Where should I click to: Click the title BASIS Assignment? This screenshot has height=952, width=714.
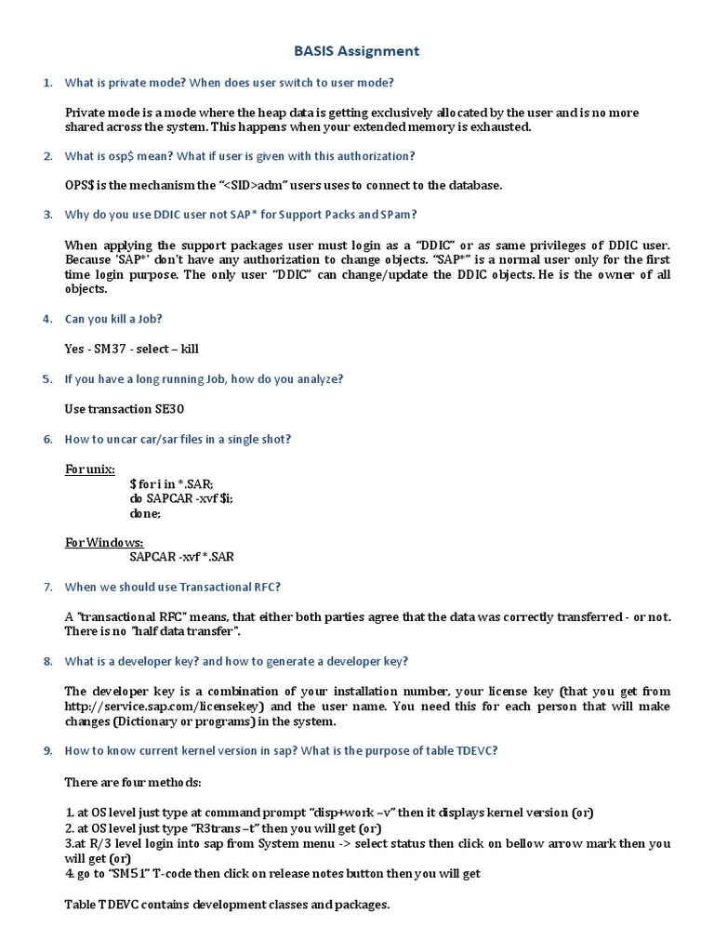pos(357,51)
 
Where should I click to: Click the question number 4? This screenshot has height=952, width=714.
pos(46,319)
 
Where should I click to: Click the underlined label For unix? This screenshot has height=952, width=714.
pos(89,469)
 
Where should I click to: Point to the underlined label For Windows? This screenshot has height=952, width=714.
pos(103,542)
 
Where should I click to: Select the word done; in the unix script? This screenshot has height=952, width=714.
pos(145,513)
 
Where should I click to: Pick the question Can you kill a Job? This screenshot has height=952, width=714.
pos(113,319)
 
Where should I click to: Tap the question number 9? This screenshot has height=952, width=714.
pos(46,751)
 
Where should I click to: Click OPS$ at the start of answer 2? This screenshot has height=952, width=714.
pos(80,185)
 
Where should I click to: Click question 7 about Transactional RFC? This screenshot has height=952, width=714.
pos(172,587)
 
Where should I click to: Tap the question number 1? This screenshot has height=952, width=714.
pos(46,83)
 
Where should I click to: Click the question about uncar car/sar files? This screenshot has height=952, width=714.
pos(184,439)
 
